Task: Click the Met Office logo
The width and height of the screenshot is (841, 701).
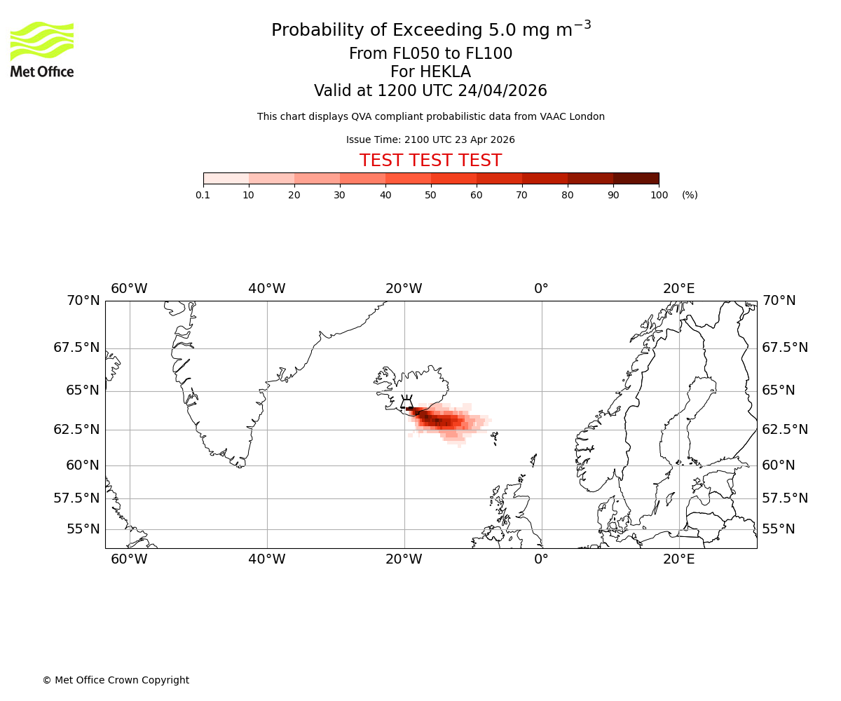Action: click(x=42, y=49)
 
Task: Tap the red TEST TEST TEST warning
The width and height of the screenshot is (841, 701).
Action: click(x=430, y=161)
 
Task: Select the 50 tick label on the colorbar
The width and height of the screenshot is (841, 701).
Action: click(x=430, y=195)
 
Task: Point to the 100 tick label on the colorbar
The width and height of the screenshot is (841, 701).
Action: click(x=659, y=195)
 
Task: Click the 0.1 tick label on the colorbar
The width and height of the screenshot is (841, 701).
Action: click(x=203, y=195)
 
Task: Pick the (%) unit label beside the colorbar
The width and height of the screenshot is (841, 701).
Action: click(x=690, y=195)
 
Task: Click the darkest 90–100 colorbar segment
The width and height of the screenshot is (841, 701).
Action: click(x=636, y=178)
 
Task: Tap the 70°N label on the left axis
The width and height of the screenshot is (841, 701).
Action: click(x=83, y=301)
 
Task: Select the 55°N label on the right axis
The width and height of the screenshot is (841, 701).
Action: click(x=779, y=529)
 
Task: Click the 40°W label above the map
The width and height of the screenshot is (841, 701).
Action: click(x=267, y=289)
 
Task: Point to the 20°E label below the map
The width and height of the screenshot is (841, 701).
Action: click(x=679, y=559)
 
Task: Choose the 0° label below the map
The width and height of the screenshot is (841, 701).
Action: click(x=541, y=559)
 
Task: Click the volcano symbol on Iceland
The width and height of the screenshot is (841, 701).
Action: click(x=406, y=402)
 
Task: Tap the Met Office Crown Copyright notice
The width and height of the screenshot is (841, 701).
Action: click(x=116, y=680)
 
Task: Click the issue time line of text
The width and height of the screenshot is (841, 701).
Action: click(x=430, y=140)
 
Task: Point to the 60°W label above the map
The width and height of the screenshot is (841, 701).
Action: click(x=129, y=289)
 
